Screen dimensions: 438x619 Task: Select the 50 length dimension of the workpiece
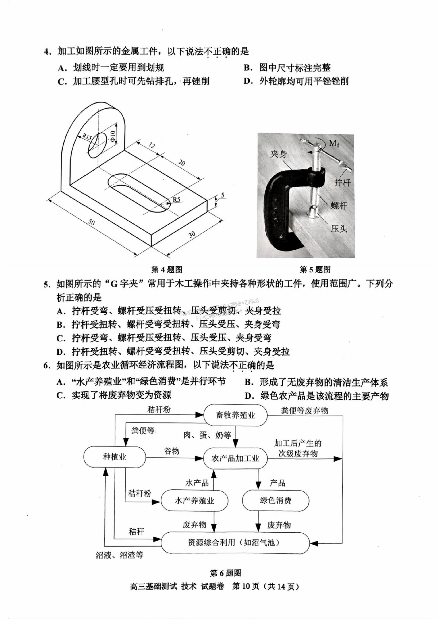92,222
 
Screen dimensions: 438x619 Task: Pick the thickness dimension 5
223,195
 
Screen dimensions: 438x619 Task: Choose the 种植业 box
115,457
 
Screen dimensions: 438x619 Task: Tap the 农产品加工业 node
235,458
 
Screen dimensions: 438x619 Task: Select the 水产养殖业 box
194,501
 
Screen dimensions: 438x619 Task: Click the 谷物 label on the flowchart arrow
172,451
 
